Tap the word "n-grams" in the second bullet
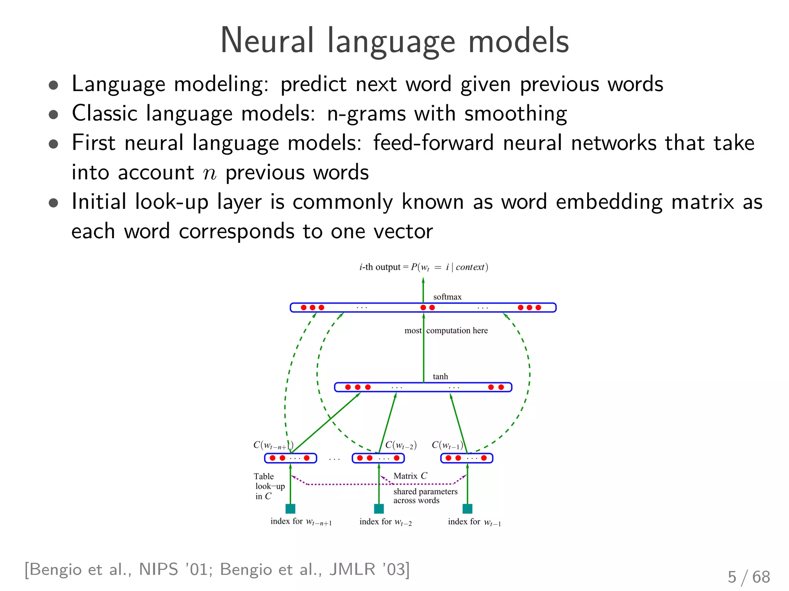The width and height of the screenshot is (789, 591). (366, 114)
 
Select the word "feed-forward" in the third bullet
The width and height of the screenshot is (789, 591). (433, 143)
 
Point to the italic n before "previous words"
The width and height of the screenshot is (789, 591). (210, 173)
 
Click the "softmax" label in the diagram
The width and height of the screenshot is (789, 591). (447, 297)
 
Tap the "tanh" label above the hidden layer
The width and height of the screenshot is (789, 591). (440, 376)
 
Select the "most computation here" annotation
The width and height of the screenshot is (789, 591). (446, 331)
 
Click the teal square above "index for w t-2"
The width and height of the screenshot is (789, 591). (379, 509)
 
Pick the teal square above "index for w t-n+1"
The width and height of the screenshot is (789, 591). (290, 509)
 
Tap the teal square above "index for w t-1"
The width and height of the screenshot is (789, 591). (467, 509)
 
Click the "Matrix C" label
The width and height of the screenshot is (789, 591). (410, 476)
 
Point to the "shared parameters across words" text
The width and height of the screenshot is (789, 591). (425, 496)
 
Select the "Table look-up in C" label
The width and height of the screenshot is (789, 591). (269, 486)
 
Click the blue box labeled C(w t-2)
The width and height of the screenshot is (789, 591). (378, 458)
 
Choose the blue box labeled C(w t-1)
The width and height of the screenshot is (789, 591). (467, 458)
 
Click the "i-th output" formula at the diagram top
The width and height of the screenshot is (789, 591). (423, 267)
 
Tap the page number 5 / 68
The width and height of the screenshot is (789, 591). (749, 577)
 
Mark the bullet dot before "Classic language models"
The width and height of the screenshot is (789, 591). (54, 114)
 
